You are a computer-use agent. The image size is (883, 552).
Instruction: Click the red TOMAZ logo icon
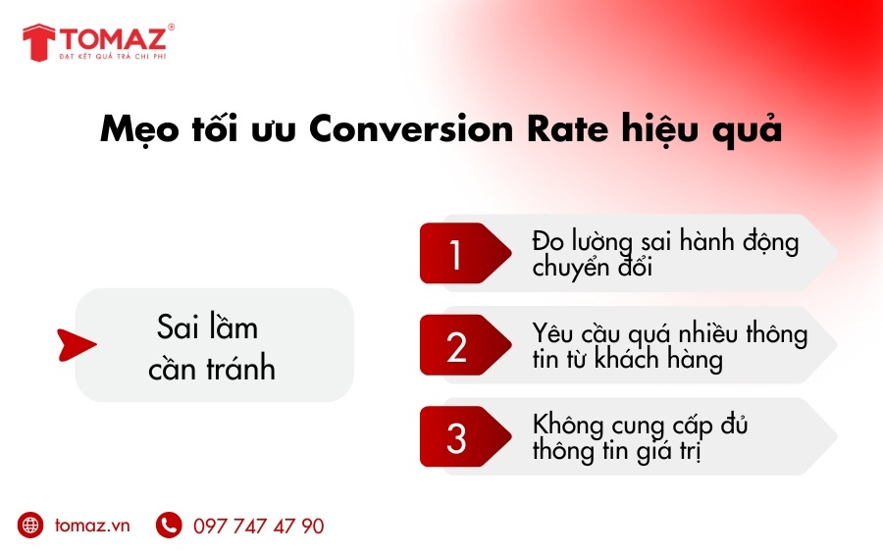(x=39, y=42)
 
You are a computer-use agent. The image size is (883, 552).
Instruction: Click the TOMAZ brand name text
(x=113, y=38)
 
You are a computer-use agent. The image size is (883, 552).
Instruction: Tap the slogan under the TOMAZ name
(x=113, y=56)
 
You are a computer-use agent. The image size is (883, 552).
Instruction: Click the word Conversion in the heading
(x=411, y=128)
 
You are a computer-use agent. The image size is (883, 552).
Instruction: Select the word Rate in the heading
(x=568, y=128)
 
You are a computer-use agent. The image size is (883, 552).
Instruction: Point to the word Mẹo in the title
(x=139, y=130)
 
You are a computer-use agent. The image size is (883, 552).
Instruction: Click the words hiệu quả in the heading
(x=701, y=130)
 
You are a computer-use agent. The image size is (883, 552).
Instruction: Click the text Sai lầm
(x=207, y=326)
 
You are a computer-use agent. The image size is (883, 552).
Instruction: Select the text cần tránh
(x=212, y=368)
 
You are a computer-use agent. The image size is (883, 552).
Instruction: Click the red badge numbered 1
(x=465, y=253)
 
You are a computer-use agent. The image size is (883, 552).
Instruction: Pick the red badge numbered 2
(x=465, y=345)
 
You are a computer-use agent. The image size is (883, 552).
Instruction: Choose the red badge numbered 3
(x=465, y=436)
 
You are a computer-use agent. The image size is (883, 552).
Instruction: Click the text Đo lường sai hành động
(x=665, y=242)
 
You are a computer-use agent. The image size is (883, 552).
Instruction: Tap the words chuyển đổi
(x=592, y=267)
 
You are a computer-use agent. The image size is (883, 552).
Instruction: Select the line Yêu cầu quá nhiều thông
(x=669, y=333)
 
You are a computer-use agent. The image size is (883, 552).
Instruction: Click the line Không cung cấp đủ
(x=640, y=425)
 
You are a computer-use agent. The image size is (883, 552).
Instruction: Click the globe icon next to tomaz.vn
(x=30, y=525)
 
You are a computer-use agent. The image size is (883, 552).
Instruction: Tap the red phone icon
(x=169, y=525)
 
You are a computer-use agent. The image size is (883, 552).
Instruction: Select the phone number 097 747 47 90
(x=258, y=527)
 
